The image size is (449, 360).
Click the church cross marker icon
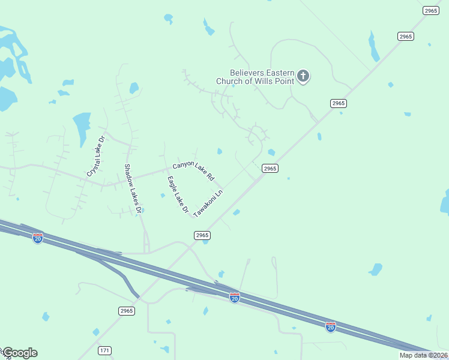coord(304,76)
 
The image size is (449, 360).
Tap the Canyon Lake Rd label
coord(193,170)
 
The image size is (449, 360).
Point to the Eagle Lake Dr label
coord(178,196)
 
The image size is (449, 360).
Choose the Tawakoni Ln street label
coord(208,204)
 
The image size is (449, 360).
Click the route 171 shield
coord(105,350)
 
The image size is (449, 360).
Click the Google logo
coord(19,353)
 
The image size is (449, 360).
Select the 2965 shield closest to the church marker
coord(339,103)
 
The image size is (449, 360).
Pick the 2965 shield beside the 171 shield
coord(126,311)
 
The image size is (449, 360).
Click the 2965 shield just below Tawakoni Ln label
coord(202,236)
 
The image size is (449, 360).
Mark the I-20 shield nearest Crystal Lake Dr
coord(38,238)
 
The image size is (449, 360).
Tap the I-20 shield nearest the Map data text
coord(331,327)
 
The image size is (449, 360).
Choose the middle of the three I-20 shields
coord(235,298)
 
